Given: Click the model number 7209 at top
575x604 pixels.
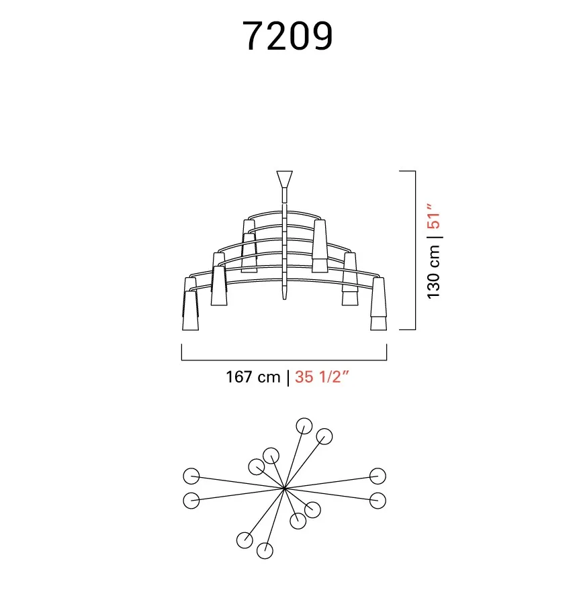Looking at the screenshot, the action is pos(287,36).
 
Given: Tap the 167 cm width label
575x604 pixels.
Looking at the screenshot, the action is pos(253,376).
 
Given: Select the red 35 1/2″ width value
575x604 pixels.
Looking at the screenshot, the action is pos(322,376).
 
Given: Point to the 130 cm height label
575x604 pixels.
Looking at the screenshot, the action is pos(434,272).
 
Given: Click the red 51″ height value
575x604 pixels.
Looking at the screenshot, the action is pos(433,216).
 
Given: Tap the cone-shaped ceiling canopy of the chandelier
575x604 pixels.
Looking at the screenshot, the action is pos(285,179).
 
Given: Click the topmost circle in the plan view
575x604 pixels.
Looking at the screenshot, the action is pos(304,426).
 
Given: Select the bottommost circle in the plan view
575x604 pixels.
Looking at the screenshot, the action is pos(265,550).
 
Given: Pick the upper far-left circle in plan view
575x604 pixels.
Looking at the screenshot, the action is pos(191,476).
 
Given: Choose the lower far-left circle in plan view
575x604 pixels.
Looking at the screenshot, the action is pos(191,501).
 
